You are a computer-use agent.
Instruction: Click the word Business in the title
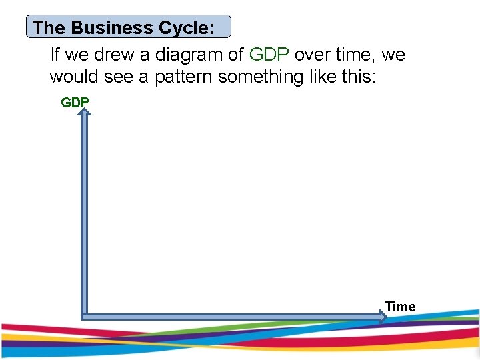point(103,28)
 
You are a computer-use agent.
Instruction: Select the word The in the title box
point(47,28)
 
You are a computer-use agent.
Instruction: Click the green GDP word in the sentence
point(269,54)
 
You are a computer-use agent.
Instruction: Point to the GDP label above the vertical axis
point(75,103)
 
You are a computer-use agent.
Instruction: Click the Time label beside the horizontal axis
point(400,307)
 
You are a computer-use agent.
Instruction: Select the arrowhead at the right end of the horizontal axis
point(382,317)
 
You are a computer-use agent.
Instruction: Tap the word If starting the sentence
point(56,54)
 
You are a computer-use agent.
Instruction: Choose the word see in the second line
point(117,77)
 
